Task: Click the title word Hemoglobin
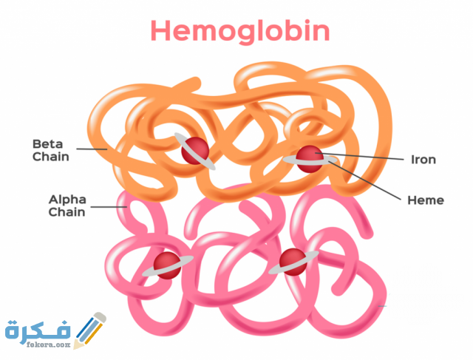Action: pos(240,31)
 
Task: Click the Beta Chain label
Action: pos(51,149)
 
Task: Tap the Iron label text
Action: pos(423,159)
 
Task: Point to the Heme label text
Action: pos(426,200)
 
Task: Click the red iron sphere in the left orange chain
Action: pos(195,151)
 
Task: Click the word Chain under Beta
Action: pos(51,156)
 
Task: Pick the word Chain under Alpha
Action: pos(67,212)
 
